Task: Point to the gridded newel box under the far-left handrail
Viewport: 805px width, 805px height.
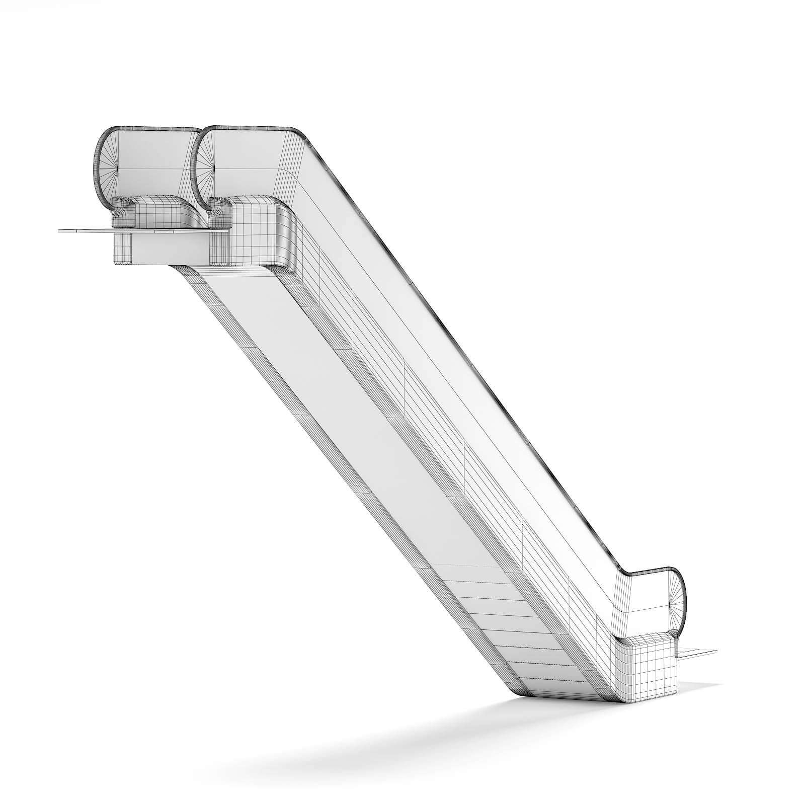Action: click(x=161, y=211)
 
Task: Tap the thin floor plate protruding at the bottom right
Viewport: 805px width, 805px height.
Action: click(x=699, y=653)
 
